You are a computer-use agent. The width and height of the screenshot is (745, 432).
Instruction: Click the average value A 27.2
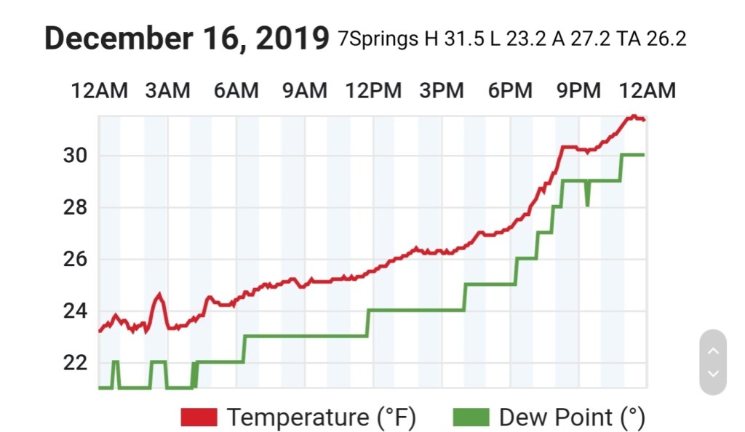pos(582,39)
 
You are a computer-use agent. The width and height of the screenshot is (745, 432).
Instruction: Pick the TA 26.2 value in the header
pos(651,39)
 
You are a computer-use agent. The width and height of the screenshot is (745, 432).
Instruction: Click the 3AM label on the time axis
pos(167,91)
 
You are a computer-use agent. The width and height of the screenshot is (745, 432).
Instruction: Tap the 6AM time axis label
pos(236,91)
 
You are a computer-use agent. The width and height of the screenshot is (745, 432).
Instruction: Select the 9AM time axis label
pos(304,91)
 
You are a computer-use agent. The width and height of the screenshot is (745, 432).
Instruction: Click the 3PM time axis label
pos(442,91)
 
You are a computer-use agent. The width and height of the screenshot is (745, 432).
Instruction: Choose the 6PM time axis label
pos(510,91)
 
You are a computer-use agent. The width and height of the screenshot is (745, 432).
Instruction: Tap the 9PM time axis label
pos(578,91)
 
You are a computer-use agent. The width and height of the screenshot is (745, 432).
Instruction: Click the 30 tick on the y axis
pos(76,156)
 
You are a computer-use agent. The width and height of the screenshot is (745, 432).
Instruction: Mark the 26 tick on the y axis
pos(76,260)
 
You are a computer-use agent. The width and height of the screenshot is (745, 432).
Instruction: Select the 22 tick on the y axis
pos(76,363)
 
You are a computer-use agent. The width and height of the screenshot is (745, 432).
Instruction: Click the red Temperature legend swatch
pos(199,417)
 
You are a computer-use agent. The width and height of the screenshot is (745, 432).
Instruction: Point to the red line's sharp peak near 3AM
pos(159,295)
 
